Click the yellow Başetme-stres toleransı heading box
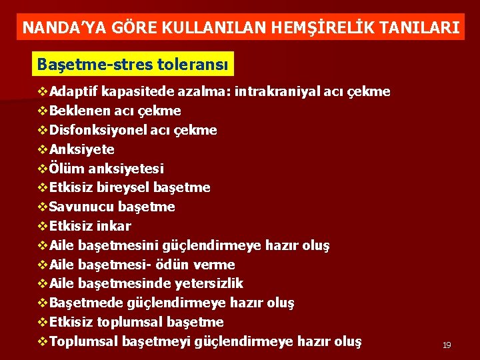[x=133, y=65]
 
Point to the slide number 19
[x=447, y=345]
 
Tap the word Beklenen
[x=76, y=111]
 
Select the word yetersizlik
[x=209, y=283]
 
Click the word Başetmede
[x=83, y=303]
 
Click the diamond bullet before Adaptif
[x=43, y=91]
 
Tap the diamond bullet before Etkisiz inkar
[x=43, y=226]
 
